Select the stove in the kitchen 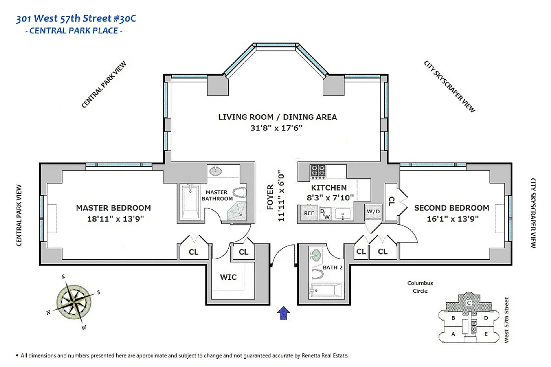point(317,172)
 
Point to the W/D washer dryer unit point(372,212)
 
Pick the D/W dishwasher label point(325,213)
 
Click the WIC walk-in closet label point(228,277)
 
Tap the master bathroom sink point(215,172)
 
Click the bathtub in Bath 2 point(326,290)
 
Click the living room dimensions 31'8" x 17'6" point(277,128)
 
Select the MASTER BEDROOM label point(113,208)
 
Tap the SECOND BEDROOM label point(451,208)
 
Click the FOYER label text point(270,197)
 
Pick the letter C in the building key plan point(469,303)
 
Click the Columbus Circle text point(420,287)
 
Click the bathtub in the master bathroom point(190,202)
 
